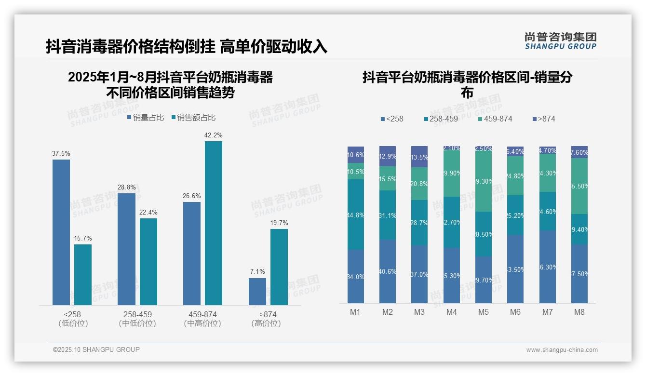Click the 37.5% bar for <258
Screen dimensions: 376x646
[x=61, y=232]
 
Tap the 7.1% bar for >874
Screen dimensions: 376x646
[x=257, y=291]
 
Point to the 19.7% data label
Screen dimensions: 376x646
[x=279, y=223]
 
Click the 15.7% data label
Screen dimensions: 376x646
[x=83, y=239]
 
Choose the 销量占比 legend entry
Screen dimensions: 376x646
[x=145, y=118]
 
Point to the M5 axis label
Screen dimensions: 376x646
[x=484, y=312]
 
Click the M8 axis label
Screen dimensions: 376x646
[x=579, y=312]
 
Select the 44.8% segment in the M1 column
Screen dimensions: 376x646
[x=356, y=215]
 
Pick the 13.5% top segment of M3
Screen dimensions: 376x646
[x=419, y=157]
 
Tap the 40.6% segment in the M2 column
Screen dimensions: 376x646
[x=388, y=271]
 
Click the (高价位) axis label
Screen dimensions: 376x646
[x=266, y=323]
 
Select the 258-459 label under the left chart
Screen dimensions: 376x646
[x=137, y=315]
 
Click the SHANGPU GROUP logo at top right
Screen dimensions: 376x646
[x=560, y=41]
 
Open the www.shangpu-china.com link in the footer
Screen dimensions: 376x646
[x=562, y=350]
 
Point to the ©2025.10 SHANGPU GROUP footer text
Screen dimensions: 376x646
[x=96, y=349]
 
